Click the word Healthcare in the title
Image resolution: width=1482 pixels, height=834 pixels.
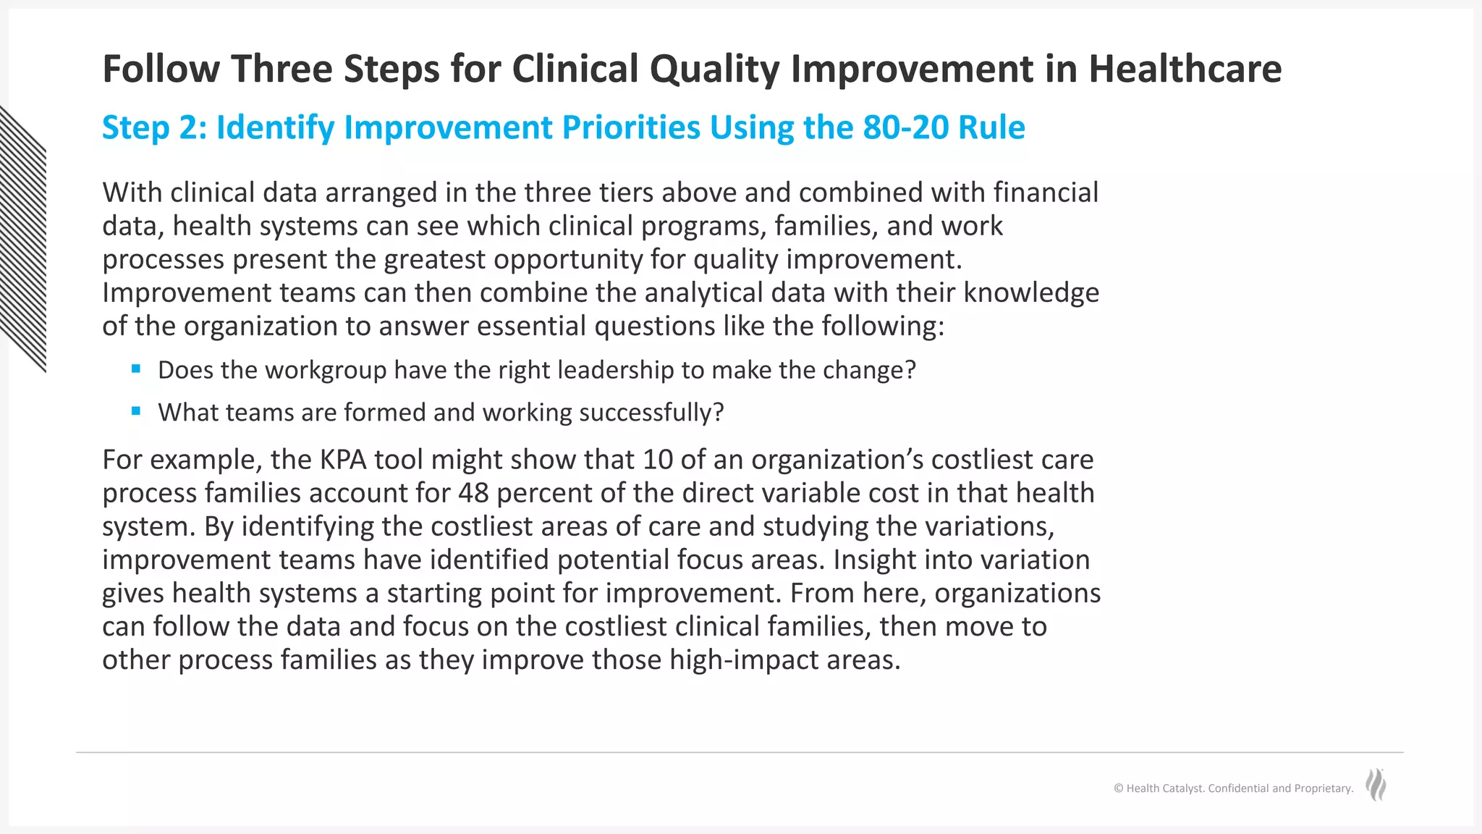tap(1185, 69)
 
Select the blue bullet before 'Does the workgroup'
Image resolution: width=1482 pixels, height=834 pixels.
tap(136, 369)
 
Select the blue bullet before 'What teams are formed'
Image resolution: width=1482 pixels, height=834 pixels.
tap(136, 411)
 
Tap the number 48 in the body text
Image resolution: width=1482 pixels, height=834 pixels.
tap(473, 493)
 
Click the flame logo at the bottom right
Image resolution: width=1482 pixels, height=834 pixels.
tap(1376, 785)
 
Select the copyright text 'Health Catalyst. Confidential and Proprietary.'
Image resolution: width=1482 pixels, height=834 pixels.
tap(1233, 788)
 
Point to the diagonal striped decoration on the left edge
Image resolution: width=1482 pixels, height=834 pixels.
tap(23, 239)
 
